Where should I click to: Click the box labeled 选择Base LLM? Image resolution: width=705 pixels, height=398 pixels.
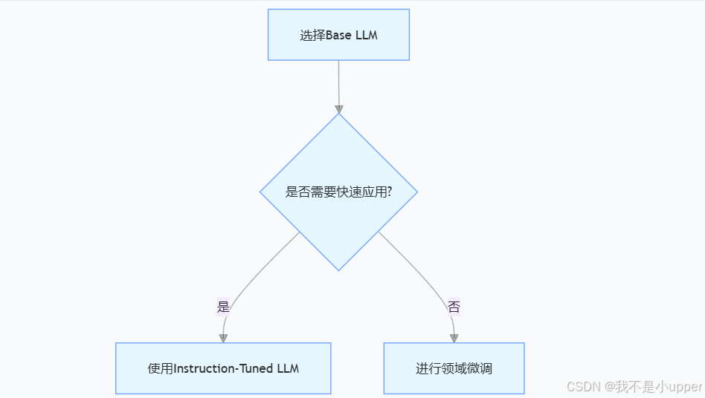coord(338,35)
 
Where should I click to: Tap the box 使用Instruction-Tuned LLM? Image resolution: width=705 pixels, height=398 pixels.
coord(223,368)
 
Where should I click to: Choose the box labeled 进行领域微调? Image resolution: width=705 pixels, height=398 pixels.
coord(454,368)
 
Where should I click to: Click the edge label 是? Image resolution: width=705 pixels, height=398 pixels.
coord(223,307)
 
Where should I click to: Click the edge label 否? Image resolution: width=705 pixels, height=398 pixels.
coord(454,307)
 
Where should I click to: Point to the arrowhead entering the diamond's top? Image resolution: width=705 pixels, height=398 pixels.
coord(339,108)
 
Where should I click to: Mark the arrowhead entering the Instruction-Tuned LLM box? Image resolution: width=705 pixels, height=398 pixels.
coord(223,338)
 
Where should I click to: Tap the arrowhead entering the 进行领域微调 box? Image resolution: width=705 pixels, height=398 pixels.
coord(454,338)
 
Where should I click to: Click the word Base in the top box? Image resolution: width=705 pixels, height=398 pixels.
coord(339,36)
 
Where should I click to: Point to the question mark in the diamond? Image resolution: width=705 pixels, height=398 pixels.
coord(390,192)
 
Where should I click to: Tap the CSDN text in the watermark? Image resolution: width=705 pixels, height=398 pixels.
coord(583,387)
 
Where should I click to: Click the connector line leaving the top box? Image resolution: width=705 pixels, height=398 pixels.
coord(339,82)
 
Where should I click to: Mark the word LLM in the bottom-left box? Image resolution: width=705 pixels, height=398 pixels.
coord(286,369)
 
